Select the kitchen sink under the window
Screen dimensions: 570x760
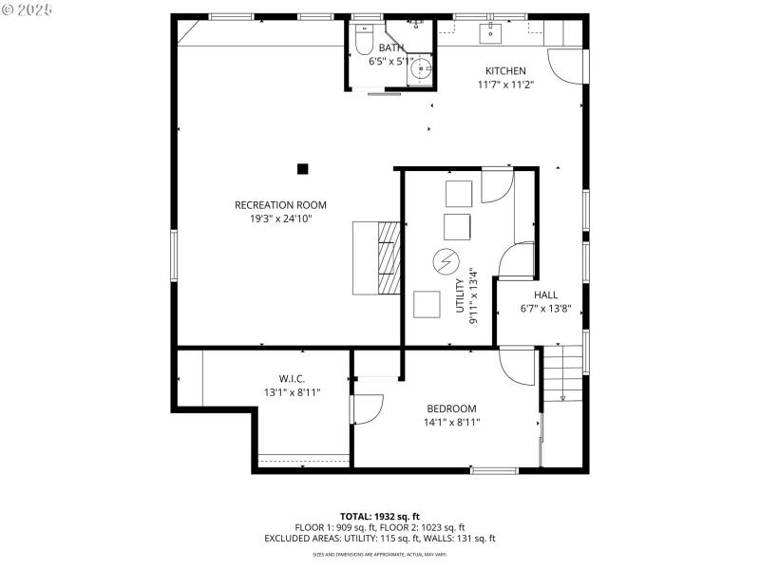tap(491, 36)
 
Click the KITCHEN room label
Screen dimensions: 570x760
tap(505, 71)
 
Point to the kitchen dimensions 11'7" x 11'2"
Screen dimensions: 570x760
tap(505, 85)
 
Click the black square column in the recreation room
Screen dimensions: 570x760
tap(302, 169)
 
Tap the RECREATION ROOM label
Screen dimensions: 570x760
tap(280, 205)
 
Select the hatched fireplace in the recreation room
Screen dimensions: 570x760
tap(387, 258)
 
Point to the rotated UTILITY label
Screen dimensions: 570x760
tap(460, 295)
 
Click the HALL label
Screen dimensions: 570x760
tap(545, 294)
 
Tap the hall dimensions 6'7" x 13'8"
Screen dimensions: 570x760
tap(545, 309)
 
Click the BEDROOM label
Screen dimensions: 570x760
tap(451, 408)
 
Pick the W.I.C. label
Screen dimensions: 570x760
tap(292, 378)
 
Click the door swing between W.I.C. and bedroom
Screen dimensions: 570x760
tap(365, 408)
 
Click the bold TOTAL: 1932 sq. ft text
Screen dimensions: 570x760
tap(379, 516)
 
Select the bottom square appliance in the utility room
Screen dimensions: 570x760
tap(427, 304)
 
